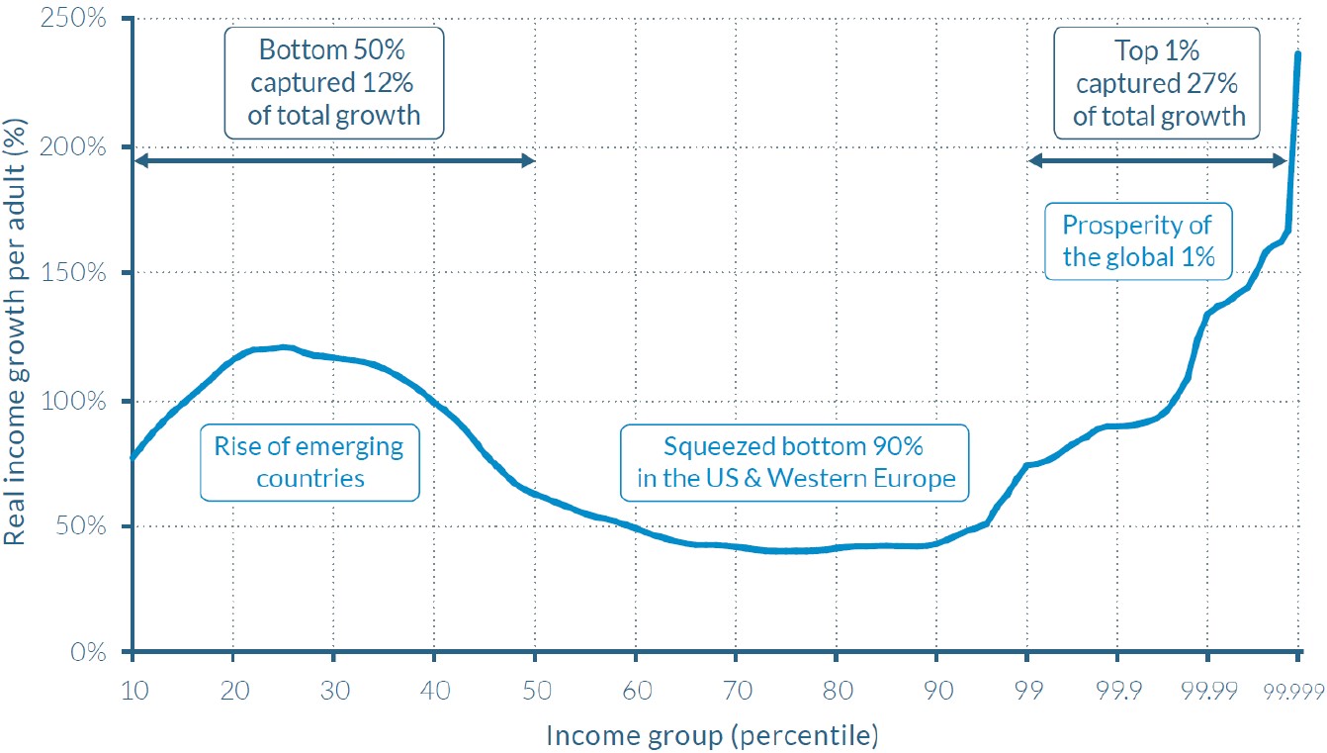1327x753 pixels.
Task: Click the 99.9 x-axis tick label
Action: point(1116,682)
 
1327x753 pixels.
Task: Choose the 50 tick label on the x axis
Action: point(535,682)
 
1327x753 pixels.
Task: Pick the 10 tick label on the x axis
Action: point(132,682)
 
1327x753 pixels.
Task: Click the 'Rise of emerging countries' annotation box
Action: point(310,462)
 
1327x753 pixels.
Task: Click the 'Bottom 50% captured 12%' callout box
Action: point(334,81)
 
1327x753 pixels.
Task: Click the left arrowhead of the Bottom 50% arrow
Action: point(137,160)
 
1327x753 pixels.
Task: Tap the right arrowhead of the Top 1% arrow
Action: point(1281,160)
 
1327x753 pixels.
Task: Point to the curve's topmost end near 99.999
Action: point(1298,53)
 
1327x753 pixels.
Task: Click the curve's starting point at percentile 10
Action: point(132,457)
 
